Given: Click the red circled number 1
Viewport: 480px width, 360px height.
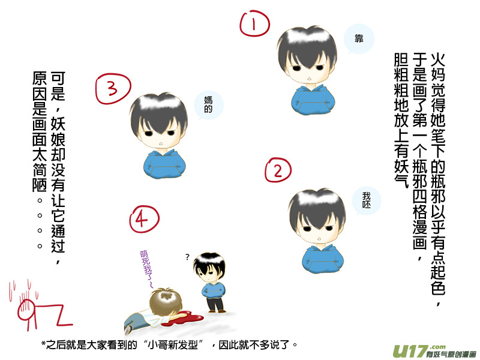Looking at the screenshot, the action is tap(254, 23).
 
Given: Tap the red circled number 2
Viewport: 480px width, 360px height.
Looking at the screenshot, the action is tap(278, 170).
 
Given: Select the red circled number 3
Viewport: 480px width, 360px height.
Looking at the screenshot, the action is tap(113, 88).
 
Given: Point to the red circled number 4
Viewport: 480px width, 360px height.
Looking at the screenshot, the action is tap(144, 219).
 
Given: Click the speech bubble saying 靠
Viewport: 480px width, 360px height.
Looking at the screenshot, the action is tap(359, 39).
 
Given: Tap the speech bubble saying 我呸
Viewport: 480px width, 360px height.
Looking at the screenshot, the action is tap(367, 200).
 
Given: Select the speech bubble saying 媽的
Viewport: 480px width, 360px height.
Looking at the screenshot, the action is tap(209, 104).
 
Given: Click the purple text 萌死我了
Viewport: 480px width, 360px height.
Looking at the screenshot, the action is tap(146, 269).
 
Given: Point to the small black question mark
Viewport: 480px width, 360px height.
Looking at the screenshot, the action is tap(187, 257).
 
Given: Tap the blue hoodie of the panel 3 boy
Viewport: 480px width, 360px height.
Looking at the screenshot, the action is tap(164, 164).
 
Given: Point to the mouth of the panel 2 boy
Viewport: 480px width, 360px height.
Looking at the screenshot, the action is tap(319, 239).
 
